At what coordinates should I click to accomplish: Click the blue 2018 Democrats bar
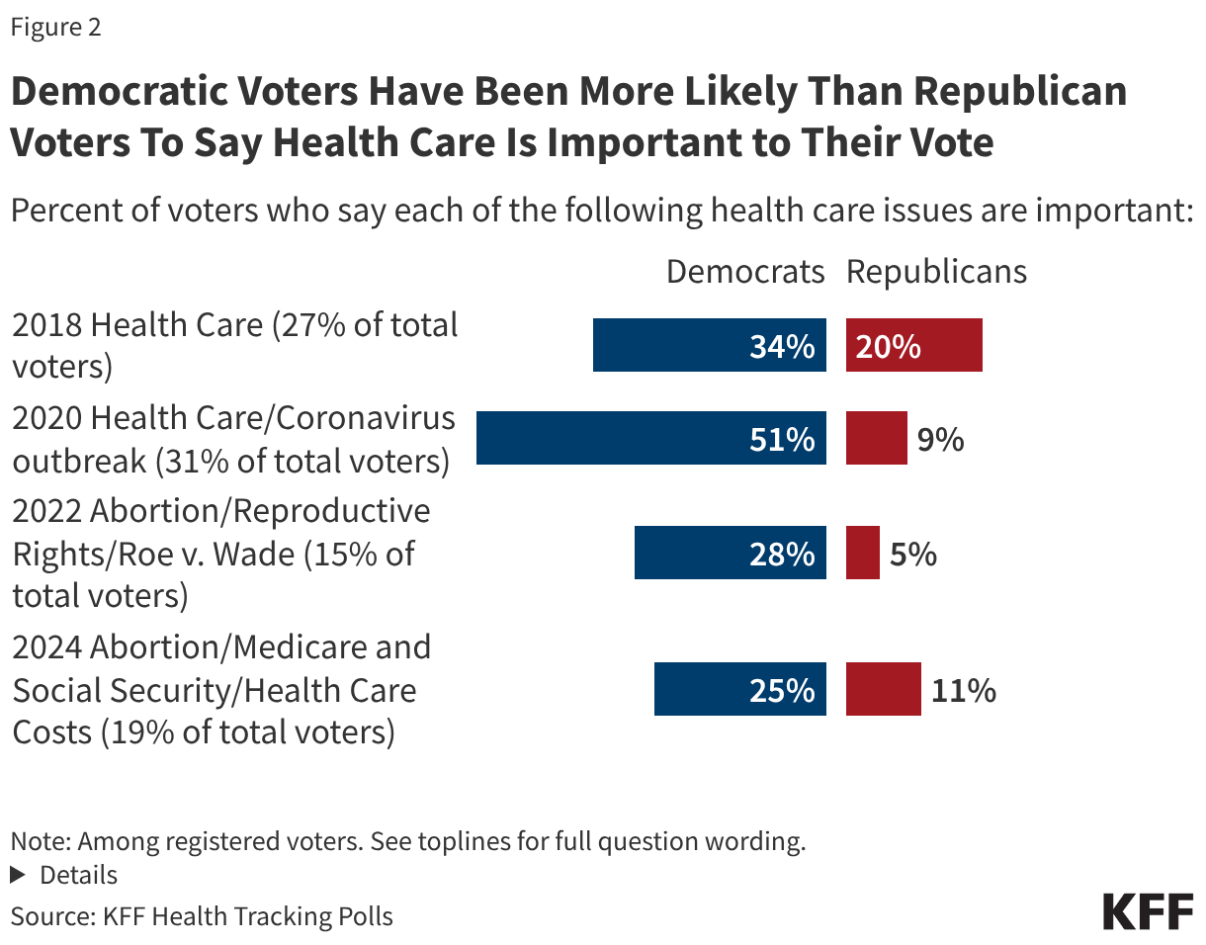coord(709,345)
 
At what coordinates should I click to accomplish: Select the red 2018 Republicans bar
coord(913,345)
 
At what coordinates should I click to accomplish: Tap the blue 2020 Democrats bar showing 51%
coord(650,438)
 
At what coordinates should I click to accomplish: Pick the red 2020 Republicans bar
coord(876,438)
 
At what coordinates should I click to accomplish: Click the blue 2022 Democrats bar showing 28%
coord(730,553)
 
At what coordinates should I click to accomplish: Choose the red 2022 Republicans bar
coord(862,553)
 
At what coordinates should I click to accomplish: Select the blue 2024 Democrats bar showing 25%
coord(739,689)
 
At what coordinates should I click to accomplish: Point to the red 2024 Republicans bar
coord(883,689)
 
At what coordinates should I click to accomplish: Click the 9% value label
coord(940,439)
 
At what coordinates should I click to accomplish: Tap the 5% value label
coord(912,554)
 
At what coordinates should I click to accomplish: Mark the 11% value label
coord(963,690)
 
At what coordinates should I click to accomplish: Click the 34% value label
coord(782,346)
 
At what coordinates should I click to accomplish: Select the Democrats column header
coord(745,272)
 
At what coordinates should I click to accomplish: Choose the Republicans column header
coord(936,272)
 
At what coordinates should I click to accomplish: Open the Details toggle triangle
coord(17,876)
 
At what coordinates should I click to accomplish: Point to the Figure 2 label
coord(56,28)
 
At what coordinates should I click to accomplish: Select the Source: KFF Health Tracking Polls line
coord(202,916)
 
